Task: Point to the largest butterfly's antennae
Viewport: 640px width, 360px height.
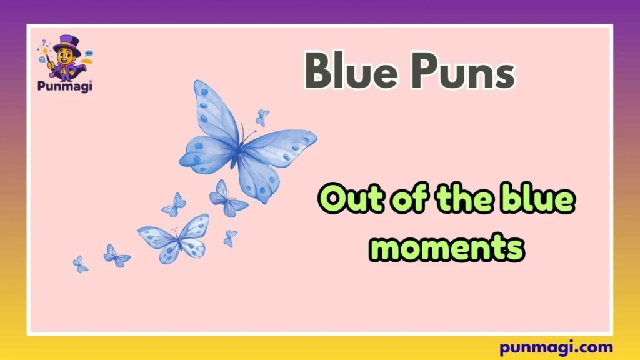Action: [251, 133]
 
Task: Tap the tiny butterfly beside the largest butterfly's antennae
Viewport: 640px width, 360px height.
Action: [262, 117]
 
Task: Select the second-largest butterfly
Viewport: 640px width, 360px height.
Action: [174, 238]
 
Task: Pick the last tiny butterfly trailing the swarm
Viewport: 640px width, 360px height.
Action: [80, 264]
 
